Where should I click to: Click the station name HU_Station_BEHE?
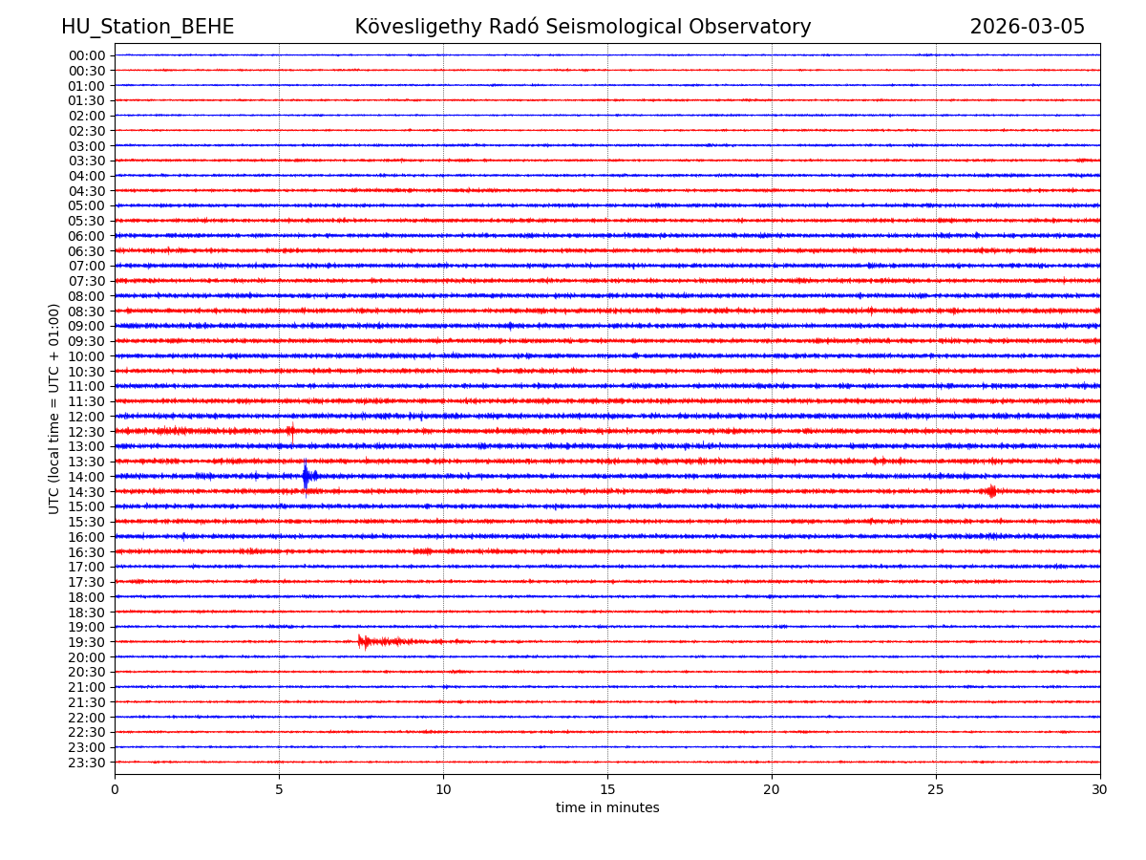point(147,28)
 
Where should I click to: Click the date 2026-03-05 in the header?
point(1027,28)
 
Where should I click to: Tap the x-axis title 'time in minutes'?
point(607,808)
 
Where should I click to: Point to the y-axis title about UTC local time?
point(54,408)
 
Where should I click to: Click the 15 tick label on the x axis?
point(607,790)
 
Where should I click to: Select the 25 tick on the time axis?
point(936,790)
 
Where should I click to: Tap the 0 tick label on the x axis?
point(115,790)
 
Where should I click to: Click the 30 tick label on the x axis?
point(1100,790)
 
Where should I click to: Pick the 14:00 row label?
point(87,477)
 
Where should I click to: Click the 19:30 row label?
point(87,642)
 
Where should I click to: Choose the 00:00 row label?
point(87,55)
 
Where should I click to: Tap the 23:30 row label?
point(87,763)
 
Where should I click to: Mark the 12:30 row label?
point(87,432)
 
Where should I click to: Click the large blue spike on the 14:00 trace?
point(306,476)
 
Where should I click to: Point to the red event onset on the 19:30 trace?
point(360,641)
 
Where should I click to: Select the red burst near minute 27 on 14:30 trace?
point(991,491)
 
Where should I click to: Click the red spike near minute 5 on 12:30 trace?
point(290,432)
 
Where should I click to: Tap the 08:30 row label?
point(87,312)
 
